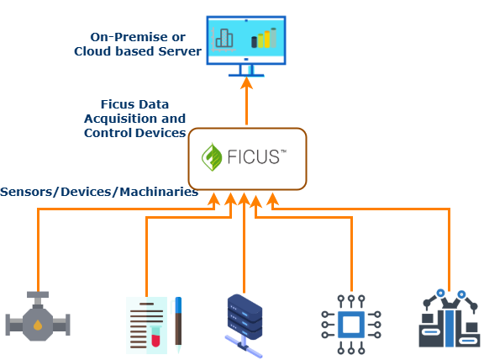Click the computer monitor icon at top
(x=246, y=45)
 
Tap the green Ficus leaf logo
(x=212, y=157)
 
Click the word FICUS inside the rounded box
(x=254, y=156)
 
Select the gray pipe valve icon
(x=38, y=316)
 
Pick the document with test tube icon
(x=154, y=325)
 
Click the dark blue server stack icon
(x=245, y=326)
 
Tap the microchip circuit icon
(x=351, y=325)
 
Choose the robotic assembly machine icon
(x=449, y=318)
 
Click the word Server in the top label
(x=180, y=51)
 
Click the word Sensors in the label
(x=26, y=192)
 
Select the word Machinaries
(x=159, y=192)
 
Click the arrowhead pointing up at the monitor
(x=246, y=82)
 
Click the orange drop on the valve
(x=38, y=325)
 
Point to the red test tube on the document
(x=155, y=336)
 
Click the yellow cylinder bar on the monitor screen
(x=267, y=39)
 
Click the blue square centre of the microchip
(x=351, y=325)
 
